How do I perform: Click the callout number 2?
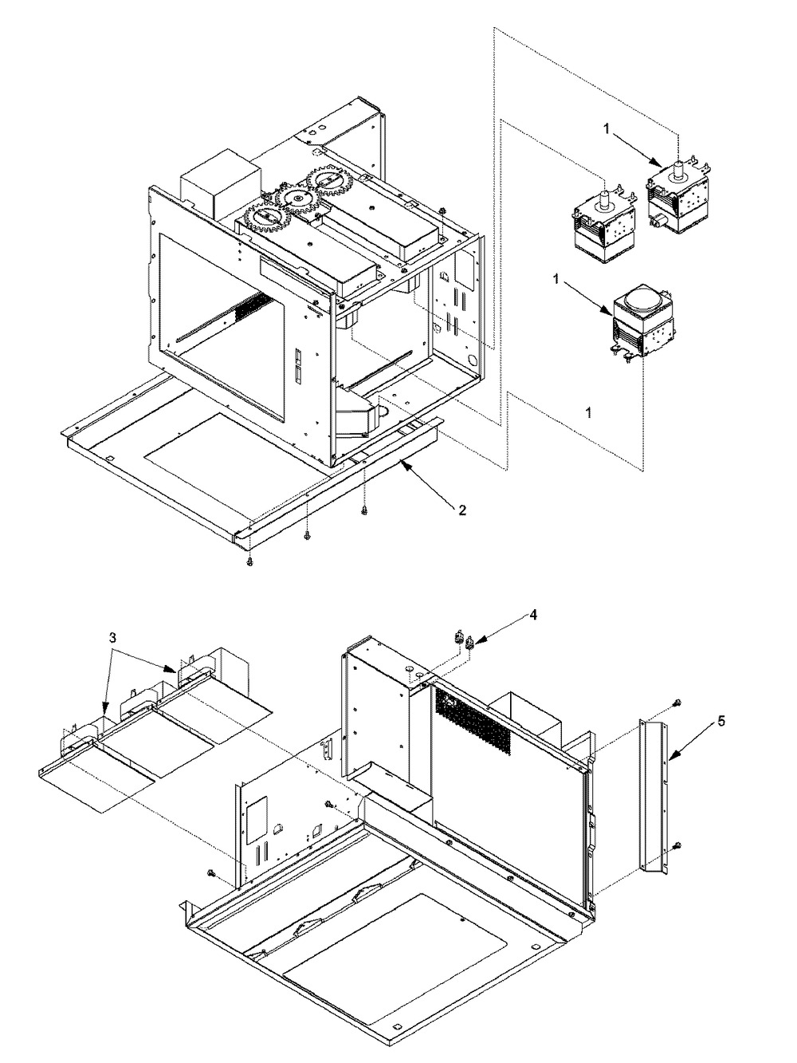pyautogui.click(x=462, y=510)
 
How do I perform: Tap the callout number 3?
pyautogui.click(x=112, y=638)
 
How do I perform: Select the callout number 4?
pyautogui.click(x=532, y=615)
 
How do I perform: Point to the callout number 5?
pyautogui.click(x=721, y=721)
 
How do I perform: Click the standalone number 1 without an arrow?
pyautogui.click(x=588, y=412)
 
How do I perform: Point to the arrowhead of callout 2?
pyautogui.click(x=403, y=463)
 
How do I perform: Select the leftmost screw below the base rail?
pyautogui.click(x=249, y=561)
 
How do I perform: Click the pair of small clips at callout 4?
pyautogui.click(x=462, y=636)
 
